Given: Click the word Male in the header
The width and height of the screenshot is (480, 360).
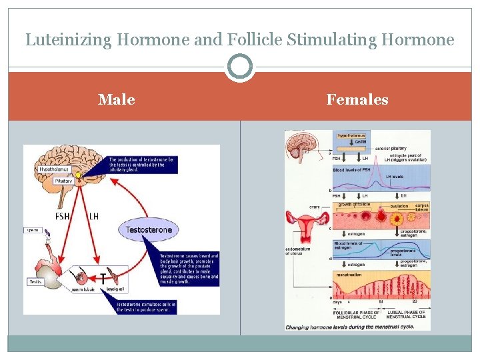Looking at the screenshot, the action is tap(117, 100).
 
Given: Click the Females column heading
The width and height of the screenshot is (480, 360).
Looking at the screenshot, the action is tap(357, 100).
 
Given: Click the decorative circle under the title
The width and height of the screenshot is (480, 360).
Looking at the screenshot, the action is tap(240, 67).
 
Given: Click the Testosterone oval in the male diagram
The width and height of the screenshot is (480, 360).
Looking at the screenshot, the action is tap(149, 230).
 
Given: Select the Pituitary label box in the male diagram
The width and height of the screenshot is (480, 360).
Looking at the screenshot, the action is tap(64, 181).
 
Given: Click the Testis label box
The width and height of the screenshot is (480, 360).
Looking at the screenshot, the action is tap(35, 282).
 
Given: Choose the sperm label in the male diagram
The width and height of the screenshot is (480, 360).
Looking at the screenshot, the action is tap(33, 230).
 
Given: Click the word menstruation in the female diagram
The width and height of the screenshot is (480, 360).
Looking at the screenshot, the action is tap(351, 275).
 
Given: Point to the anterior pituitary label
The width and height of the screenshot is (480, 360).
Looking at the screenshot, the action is tap(391, 148).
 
